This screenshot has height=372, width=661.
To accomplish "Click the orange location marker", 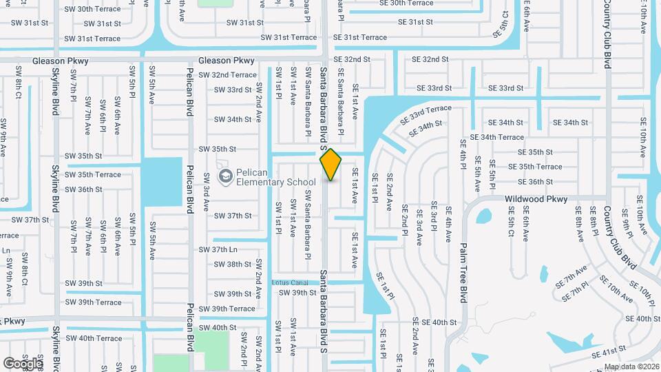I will pos(330,164).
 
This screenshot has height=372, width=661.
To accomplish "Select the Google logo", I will pos(23,363).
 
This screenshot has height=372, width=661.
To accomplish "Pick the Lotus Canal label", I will pos(289,282).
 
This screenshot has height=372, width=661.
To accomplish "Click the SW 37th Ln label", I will pos(218,249).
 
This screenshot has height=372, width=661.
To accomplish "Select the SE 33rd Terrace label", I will pos(430,111).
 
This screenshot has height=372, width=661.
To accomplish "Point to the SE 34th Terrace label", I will pos(497,137).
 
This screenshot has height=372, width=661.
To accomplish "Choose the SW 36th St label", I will pos(83,189).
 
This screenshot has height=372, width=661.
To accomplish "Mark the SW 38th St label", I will pos(232,264).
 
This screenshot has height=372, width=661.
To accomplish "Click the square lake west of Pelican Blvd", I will pos(163,181).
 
